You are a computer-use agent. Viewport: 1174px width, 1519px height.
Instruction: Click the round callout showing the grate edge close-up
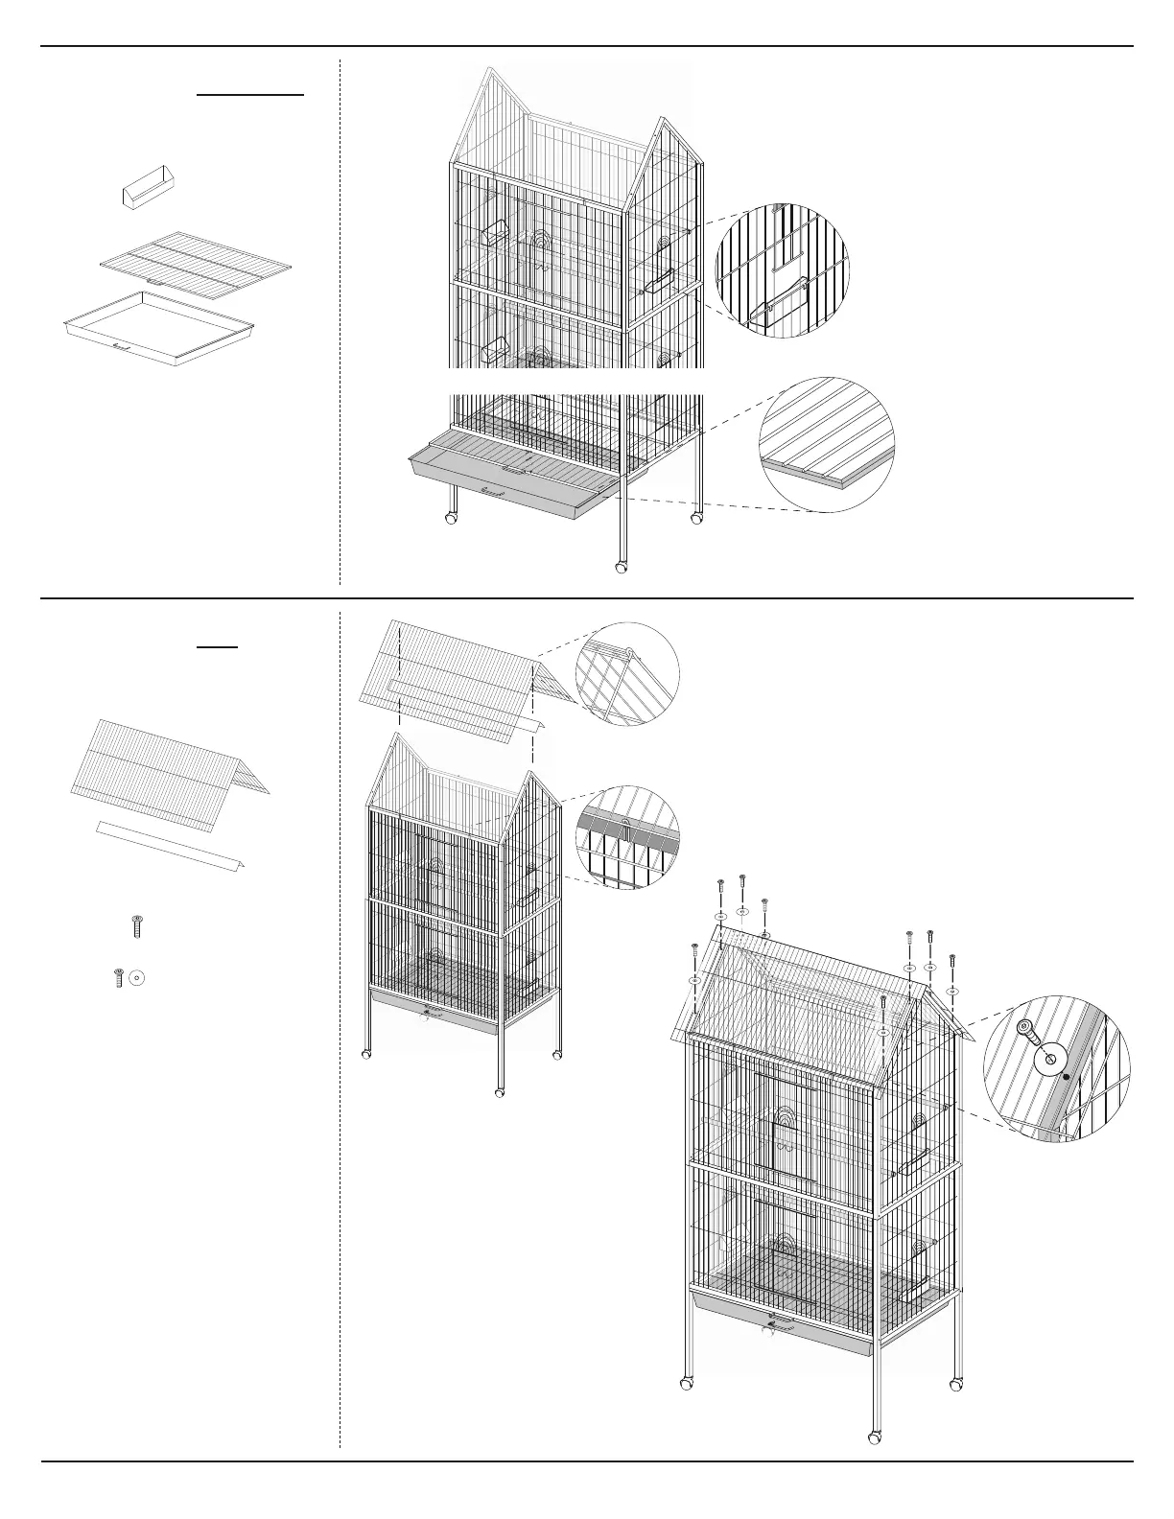tap(827, 444)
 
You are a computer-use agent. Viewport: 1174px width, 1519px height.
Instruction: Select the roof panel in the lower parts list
tap(169, 761)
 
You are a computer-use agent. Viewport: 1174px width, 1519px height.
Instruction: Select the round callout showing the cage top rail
tap(627, 836)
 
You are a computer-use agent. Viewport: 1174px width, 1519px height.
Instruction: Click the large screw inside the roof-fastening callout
tap(1027, 1034)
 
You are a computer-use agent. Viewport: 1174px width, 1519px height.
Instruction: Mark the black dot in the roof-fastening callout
tap(1067, 1076)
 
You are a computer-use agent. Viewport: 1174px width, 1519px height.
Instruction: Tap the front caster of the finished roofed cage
tap(875, 1438)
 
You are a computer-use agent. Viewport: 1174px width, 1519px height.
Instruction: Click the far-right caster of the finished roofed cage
tap(955, 1385)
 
